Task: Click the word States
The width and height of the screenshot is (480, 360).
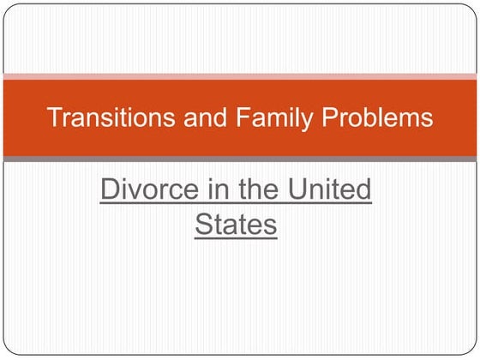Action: point(237,224)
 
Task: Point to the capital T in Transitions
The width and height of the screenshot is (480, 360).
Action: point(54,117)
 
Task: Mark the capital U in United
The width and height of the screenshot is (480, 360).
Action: point(295,189)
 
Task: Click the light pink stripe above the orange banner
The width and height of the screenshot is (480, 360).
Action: point(240,77)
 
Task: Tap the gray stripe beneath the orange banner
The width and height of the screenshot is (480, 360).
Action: point(240,159)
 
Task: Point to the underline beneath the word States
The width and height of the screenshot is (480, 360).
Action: point(237,237)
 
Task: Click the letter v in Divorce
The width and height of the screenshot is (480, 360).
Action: point(139,190)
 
